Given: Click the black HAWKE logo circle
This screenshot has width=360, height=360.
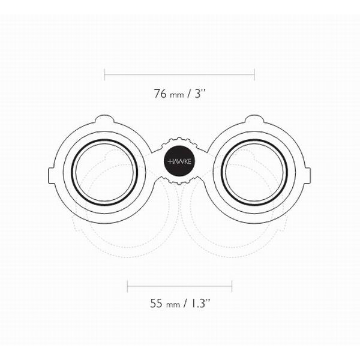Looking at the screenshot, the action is [x=179, y=161].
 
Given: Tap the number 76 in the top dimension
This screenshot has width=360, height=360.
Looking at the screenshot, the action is [x=160, y=94].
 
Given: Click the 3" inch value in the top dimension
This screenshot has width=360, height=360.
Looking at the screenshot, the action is [x=200, y=93].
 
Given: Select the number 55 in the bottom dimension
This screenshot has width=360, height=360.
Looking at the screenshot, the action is [x=157, y=303].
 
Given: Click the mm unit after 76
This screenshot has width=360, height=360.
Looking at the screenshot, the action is [x=177, y=95].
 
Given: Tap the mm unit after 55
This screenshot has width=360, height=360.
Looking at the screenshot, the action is [x=173, y=305].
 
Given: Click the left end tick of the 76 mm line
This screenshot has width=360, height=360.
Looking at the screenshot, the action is [x=104, y=74].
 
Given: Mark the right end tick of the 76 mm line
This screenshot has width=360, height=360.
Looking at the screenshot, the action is [x=254, y=74].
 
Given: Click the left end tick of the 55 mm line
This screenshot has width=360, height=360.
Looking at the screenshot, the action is [x=127, y=286].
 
